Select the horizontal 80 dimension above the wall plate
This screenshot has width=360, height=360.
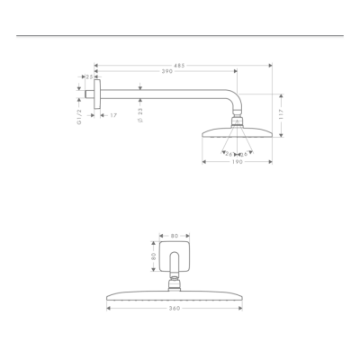click(x=175, y=237)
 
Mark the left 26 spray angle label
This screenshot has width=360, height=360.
click(x=229, y=153)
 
